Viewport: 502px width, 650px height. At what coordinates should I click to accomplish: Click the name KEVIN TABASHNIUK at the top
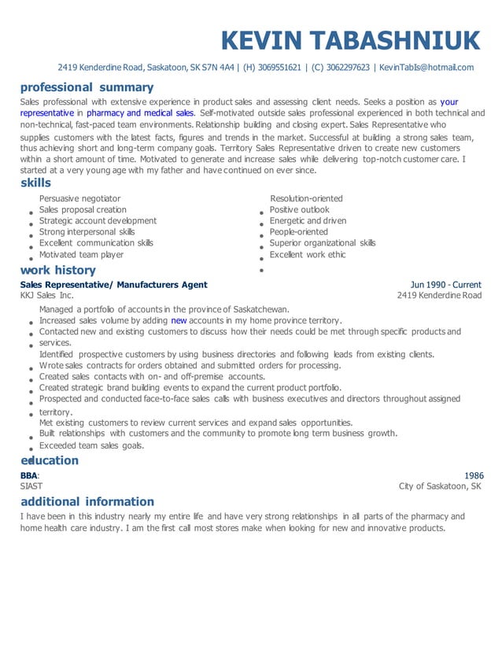click(x=350, y=40)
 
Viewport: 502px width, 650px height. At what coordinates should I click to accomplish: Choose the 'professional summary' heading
click(x=87, y=87)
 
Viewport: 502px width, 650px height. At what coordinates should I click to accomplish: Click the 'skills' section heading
click(x=35, y=183)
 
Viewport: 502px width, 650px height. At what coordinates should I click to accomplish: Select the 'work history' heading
click(x=58, y=271)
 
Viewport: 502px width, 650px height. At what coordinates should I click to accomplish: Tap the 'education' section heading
click(x=50, y=460)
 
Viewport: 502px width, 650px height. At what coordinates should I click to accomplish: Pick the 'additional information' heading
click(x=87, y=501)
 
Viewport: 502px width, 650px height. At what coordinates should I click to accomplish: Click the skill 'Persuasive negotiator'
click(x=79, y=199)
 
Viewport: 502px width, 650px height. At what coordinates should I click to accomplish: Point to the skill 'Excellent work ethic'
click(x=307, y=255)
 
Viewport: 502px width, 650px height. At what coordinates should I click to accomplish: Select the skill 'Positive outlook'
click(x=299, y=210)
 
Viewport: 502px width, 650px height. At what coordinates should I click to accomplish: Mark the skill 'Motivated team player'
click(x=81, y=255)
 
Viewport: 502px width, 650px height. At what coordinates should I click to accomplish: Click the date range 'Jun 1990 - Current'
click(x=445, y=285)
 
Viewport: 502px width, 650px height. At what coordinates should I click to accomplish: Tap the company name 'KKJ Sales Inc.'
click(x=46, y=296)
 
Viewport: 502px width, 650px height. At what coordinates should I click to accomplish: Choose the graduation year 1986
click(x=474, y=475)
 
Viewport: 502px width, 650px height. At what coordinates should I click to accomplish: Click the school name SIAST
click(x=32, y=486)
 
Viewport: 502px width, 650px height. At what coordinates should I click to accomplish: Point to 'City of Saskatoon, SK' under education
click(x=440, y=486)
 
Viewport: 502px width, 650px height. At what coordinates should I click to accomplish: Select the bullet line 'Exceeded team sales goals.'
click(x=91, y=446)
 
